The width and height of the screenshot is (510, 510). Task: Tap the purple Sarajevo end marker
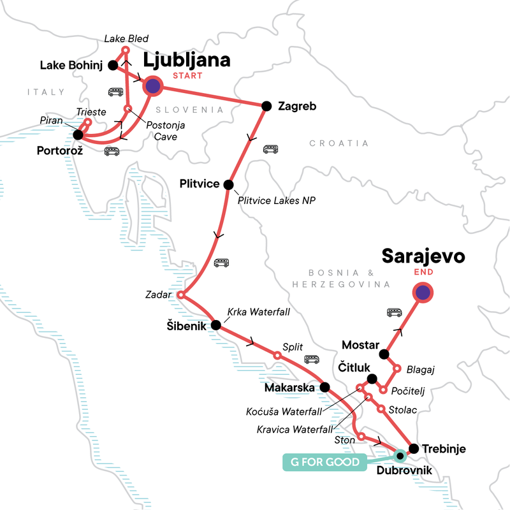(x=423, y=293)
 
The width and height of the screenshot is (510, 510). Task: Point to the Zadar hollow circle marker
(x=180, y=295)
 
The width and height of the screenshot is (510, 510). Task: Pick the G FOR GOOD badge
(x=320, y=462)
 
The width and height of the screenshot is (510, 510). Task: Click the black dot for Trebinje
(x=414, y=448)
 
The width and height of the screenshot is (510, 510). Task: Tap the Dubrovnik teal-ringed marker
(x=400, y=455)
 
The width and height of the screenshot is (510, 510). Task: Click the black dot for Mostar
(x=384, y=354)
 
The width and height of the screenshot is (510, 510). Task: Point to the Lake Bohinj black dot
(x=112, y=64)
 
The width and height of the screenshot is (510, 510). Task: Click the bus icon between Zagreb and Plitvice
(x=271, y=149)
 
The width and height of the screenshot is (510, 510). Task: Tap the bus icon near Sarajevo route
(x=395, y=312)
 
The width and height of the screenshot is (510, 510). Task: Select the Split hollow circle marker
(x=277, y=355)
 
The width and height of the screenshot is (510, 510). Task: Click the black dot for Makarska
(x=324, y=387)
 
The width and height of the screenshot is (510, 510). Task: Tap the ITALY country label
(x=38, y=92)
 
